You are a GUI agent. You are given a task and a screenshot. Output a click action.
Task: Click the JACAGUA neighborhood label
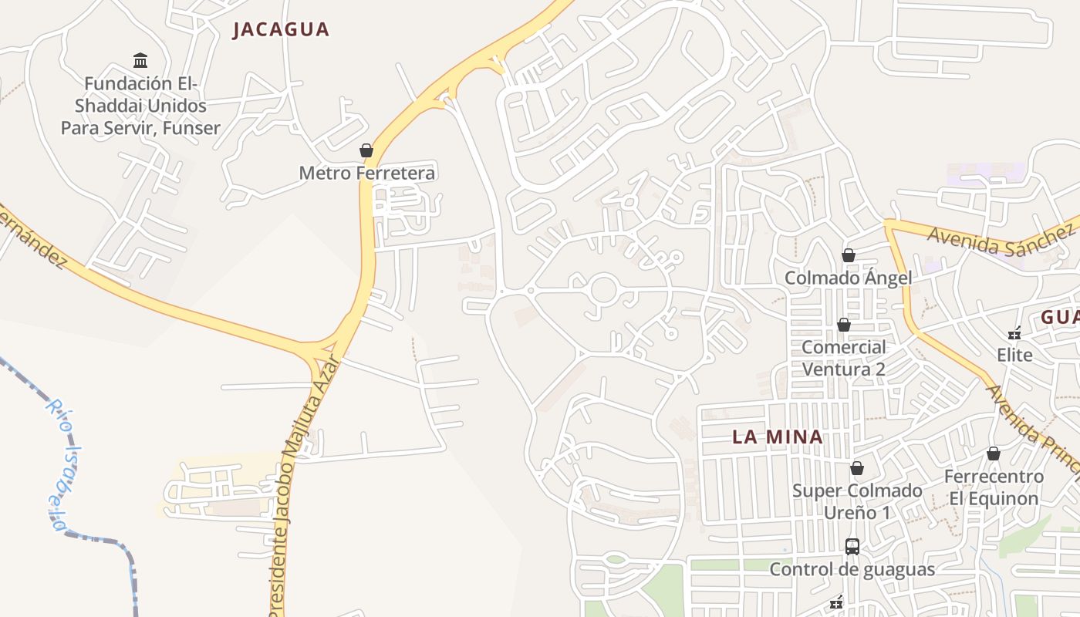tap(281, 29)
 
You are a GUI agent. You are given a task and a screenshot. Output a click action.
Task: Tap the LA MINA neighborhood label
tap(777, 437)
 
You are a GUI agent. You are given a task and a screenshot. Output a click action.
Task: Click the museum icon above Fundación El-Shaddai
tap(140, 60)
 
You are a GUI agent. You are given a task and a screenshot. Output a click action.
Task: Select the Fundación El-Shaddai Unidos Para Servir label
tap(140, 106)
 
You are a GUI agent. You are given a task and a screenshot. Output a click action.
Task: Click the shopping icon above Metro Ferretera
tap(366, 150)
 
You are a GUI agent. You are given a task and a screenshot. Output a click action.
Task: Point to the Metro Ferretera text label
tap(366, 173)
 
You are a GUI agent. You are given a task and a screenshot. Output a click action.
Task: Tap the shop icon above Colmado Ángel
tap(849, 255)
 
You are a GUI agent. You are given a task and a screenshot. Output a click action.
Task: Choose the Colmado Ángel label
tap(848, 278)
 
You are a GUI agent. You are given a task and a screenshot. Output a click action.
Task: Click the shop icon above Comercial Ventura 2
tap(844, 325)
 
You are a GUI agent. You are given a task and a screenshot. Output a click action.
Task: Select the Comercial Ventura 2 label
tap(844, 358)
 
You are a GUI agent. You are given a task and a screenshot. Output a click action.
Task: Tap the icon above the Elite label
tap(1014, 333)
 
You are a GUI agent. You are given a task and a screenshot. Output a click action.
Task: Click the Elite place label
tap(1014, 356)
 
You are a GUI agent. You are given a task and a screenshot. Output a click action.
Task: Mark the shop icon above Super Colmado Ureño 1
tap(857, 468)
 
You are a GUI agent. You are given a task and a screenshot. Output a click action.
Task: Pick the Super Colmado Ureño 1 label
tap(857, 501)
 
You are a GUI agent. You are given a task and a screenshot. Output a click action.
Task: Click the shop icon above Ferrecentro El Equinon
tap(994, 453)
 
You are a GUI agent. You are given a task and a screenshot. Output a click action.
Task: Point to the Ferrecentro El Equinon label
tap(994, 487)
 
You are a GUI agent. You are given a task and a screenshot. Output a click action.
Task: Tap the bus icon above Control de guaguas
tap(852, 547)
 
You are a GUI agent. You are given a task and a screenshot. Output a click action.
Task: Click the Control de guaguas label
tap(852, 569)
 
